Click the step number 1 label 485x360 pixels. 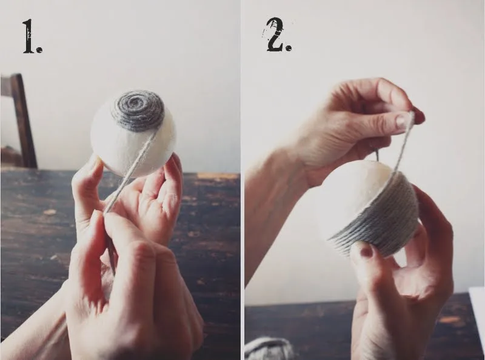coord(32,36)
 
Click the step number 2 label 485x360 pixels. coord(278,35)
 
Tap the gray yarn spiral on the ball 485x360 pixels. coord(138,110)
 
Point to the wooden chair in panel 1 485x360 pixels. coord(19,121)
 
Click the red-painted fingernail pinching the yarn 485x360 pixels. coord(418,115)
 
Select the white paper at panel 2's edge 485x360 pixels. coord(477,322)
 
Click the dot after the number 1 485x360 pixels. coord(39,50)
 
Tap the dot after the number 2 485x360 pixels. coord(289,48)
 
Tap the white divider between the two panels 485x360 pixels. coord(242,180)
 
